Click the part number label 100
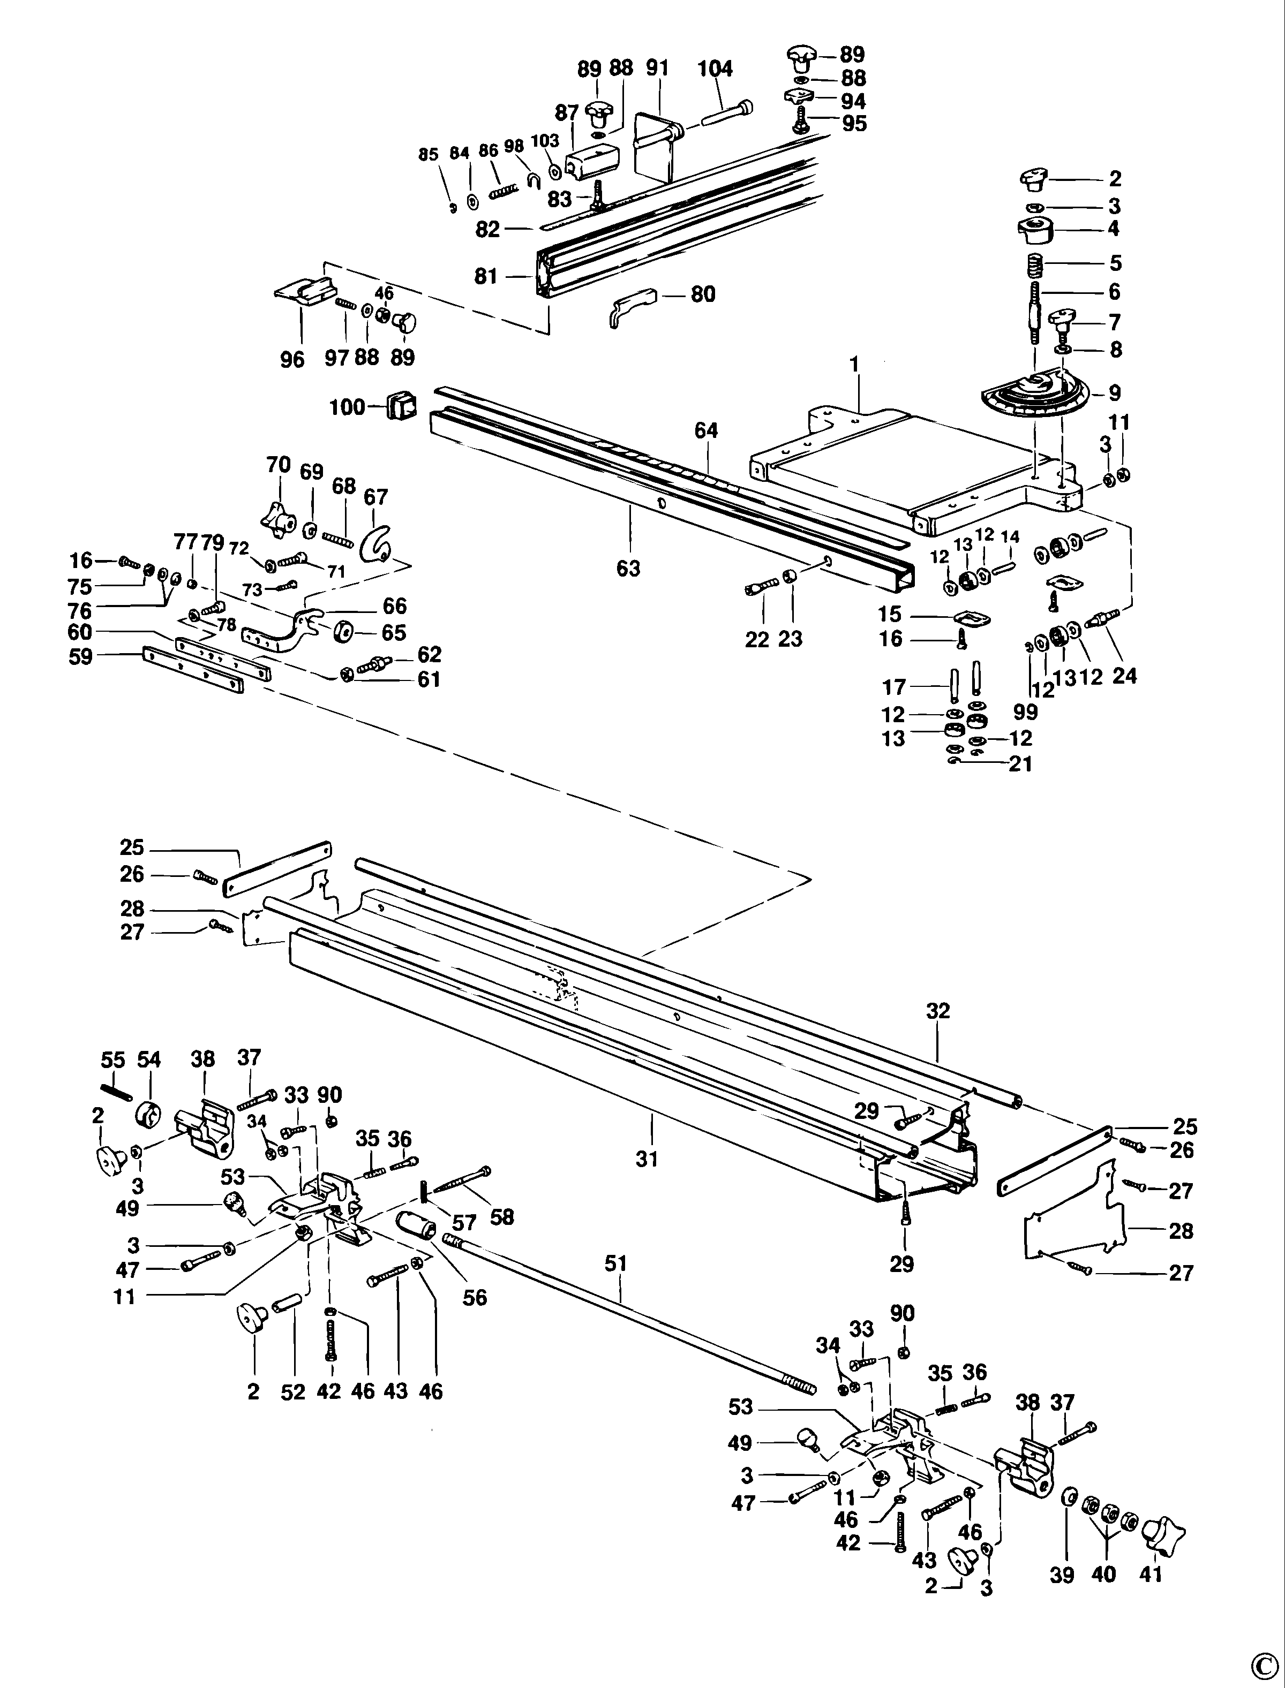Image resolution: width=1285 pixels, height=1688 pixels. click(347, 407)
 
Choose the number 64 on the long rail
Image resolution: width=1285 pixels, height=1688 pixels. click(706, 431)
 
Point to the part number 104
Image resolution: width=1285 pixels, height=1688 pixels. click(715, 69)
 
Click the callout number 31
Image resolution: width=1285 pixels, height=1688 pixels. click(647, 1160)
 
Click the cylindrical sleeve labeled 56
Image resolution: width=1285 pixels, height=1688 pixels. click(417, 1226)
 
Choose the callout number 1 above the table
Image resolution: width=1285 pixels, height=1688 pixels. click(854, 365)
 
